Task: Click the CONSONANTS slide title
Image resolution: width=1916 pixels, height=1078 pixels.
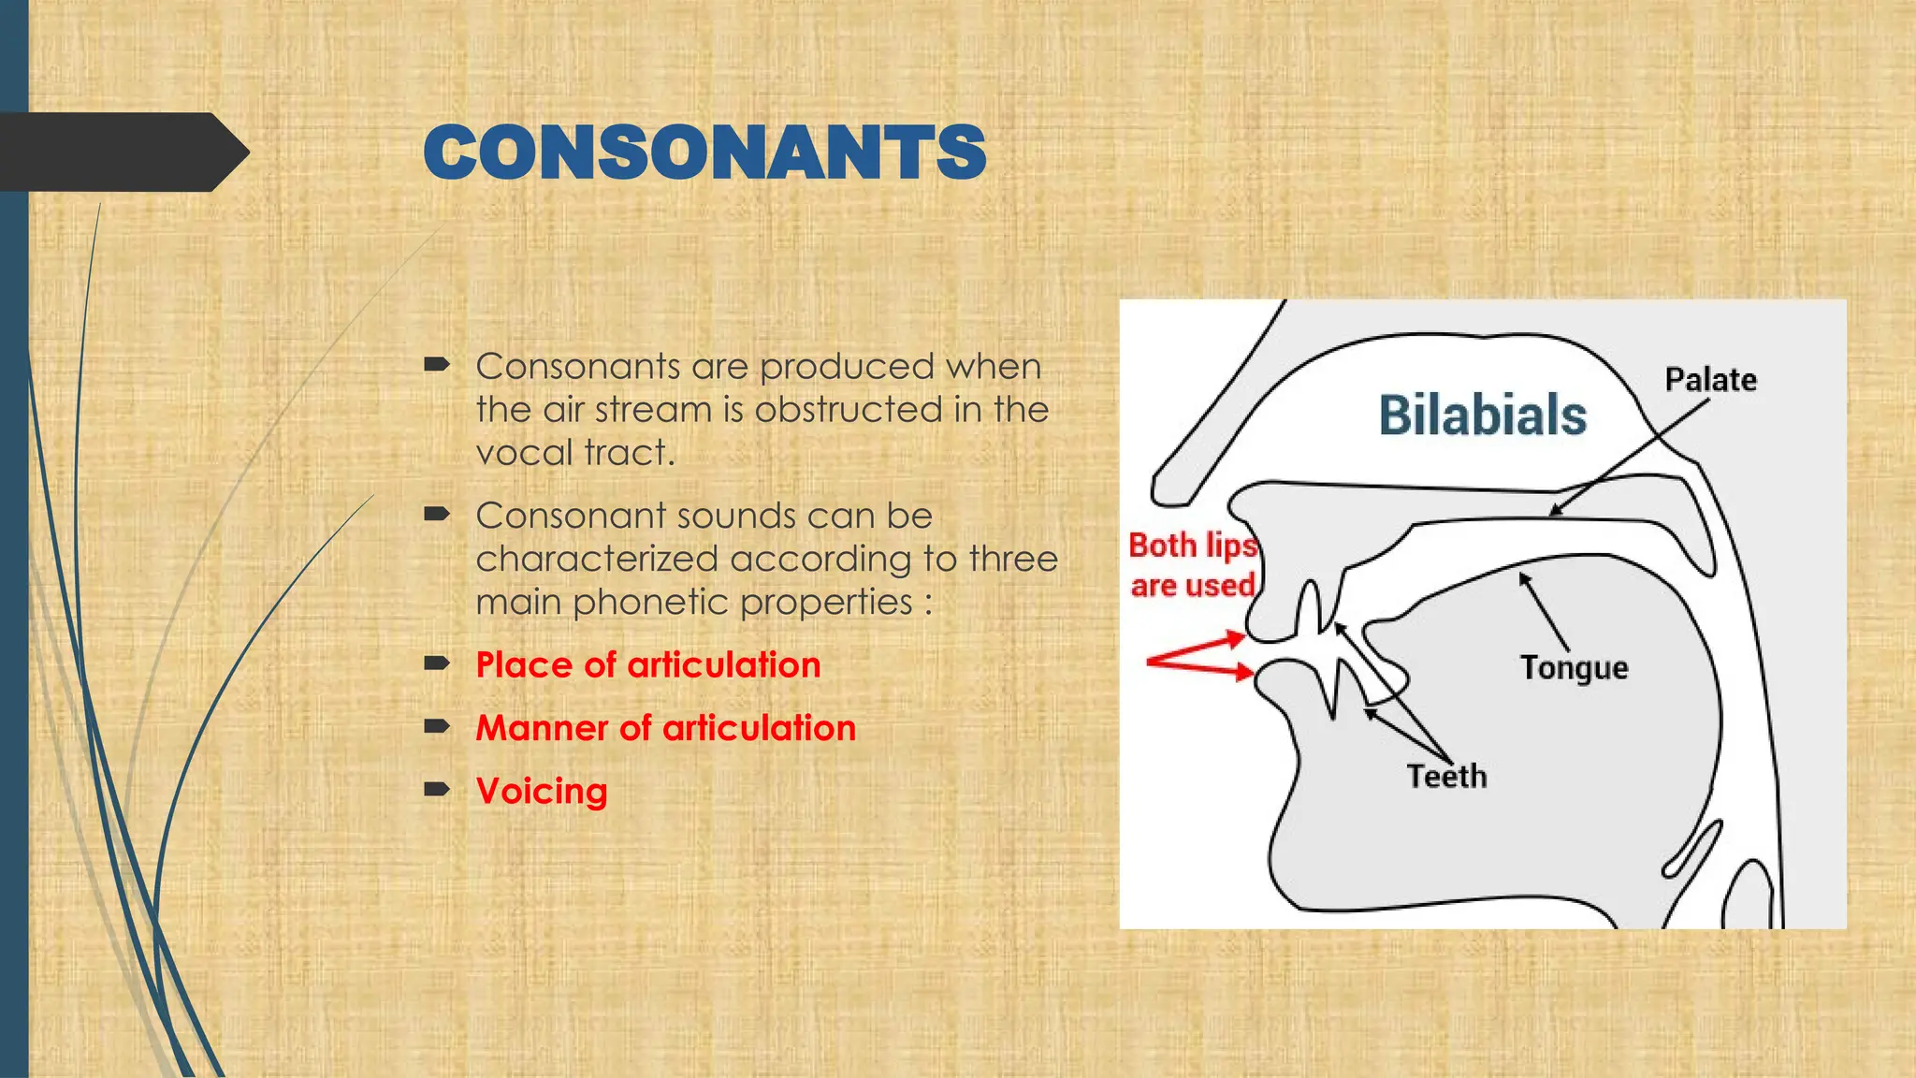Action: (x=704, y=153)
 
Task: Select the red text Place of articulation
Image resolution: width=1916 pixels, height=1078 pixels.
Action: (x=647, y=665)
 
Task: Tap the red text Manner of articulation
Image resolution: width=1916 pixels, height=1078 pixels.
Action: (x=665, y=728)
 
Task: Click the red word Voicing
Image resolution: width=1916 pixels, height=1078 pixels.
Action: (x=542, y=792)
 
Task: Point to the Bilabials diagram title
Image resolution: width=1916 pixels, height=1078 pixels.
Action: (x=1482, y=415)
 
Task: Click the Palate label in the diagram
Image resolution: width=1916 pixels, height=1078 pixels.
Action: (x=1710, y=380)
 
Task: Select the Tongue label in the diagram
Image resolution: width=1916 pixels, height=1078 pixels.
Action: (x=1574, y=668)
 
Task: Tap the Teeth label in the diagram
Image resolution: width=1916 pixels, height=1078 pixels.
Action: (x=1446, y=777)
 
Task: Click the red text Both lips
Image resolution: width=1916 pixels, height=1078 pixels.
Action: (x=1192, y=546)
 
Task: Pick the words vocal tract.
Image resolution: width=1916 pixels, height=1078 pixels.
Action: (x=574, y=453)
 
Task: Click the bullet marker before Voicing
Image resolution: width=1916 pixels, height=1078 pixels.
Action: (x=437, y=789)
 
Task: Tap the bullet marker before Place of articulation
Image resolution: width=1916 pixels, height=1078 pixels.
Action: (x=437, y=663)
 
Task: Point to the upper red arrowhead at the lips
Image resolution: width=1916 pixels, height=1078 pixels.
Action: (x=1236, y=640)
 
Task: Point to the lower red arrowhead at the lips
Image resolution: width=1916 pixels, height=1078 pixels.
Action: (x=1244, y=672)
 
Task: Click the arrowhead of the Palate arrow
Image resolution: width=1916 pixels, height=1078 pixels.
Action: (x=1554, y=511)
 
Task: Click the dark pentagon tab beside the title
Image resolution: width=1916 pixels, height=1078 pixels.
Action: (x=122, y=153)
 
